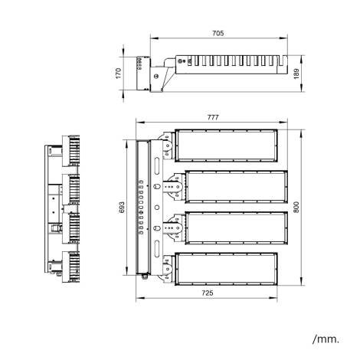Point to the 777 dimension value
pyautogui.click(x=212, y=117)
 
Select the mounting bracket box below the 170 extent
pyautogui.click(x=142, y=74)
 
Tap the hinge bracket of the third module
pyautogui.click(x=173, y=227)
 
